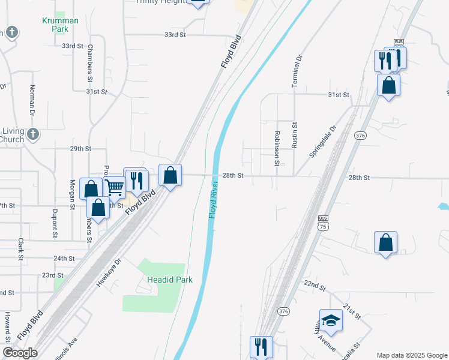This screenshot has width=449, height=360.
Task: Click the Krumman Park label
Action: coord(60,25)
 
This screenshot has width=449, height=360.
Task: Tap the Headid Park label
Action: coord(170,280)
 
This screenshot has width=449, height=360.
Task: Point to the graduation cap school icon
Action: coord(331,322)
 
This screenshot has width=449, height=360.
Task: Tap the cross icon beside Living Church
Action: coord(33,134)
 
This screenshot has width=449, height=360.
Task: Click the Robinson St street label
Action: coord(277,148)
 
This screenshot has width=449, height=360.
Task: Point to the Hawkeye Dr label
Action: coord(109,271)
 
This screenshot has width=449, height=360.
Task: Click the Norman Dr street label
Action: coord(32,99)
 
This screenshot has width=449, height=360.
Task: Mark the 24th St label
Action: coord(64,259)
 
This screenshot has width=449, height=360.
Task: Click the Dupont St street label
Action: coord(55,220)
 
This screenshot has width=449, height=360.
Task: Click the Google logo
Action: coord(20,353)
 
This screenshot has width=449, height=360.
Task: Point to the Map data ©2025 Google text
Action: coord(412,355)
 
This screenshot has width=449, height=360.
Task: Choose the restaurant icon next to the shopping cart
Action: coord(137,181)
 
